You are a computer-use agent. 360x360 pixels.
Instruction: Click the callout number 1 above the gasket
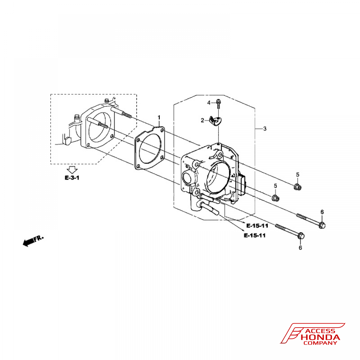(159, 118)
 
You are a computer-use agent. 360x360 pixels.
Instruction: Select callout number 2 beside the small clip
(202, 120)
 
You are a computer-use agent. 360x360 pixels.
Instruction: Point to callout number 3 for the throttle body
(265, 129)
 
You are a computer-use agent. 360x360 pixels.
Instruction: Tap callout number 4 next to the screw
(209, 103)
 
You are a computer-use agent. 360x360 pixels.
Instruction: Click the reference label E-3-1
(72, 178)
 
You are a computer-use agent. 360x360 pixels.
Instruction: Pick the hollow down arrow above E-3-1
(72, 170)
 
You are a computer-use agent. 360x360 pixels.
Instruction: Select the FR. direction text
(39, 238)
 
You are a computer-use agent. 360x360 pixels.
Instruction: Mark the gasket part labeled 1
(150, 148)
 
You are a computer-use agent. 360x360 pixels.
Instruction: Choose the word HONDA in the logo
(320, 337)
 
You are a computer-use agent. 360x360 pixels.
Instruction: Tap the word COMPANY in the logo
(320, 343)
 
